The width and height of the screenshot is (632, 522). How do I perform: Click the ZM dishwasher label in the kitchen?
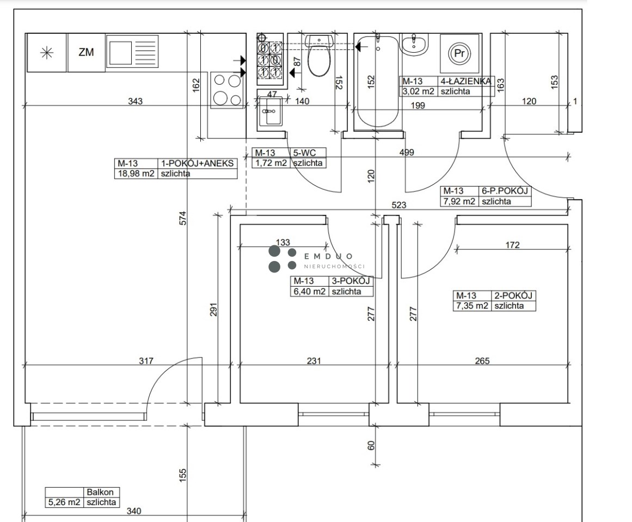(86, 52)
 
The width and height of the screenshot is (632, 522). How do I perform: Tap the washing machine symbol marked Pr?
(459, 53)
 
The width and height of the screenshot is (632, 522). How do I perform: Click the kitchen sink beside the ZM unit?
(132, 51)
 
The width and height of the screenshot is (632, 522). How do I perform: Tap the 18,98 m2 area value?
(136, 174)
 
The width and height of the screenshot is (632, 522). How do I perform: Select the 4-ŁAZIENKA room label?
(465, 82)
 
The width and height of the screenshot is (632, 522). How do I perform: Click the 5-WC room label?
(304, 153)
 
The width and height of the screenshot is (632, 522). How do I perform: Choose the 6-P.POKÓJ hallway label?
(505, 191)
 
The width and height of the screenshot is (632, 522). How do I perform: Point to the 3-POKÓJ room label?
(351, 281)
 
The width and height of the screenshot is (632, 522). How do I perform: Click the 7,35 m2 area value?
(472, 306)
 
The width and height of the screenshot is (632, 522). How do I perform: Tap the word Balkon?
(100, 492)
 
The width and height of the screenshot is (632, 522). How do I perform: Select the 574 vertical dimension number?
(183, 217)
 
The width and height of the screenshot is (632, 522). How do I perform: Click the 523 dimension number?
(399, 205)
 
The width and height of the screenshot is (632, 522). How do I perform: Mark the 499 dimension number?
(407, 153)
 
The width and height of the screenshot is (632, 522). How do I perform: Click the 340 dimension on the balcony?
(134, 511)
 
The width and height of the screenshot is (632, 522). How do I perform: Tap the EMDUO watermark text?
(328, 256)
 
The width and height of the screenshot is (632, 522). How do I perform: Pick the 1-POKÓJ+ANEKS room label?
(197, 164)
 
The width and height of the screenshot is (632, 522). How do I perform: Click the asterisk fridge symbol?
(47, 53)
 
